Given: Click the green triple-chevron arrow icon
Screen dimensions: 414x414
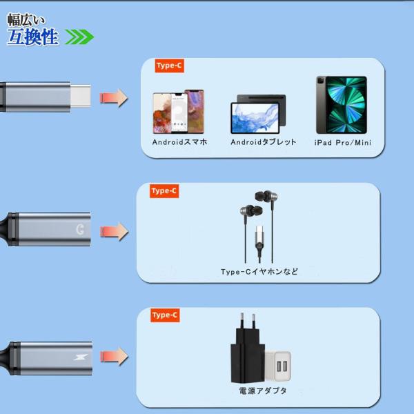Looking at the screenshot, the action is (79, 37).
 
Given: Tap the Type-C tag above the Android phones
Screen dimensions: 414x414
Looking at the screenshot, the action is (169, 66).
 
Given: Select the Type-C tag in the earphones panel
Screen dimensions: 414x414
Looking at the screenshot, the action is (164, 190).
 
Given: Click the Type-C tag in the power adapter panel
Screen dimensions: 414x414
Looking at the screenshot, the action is (165, 315).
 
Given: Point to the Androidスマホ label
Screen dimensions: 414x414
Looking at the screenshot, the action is (179, 142).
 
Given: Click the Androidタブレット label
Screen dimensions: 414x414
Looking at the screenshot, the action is (264, 142).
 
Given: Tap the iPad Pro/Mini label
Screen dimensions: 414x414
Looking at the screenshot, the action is (343, 143).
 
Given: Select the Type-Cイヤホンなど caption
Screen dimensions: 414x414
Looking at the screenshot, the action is (259, 271).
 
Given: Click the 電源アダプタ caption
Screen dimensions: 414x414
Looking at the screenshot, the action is (263, 391).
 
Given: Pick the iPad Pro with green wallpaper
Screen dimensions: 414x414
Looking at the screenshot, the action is (342, 105).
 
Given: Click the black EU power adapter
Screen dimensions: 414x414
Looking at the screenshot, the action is (248, 348).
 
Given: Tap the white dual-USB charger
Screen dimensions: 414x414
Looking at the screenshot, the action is (279, 366).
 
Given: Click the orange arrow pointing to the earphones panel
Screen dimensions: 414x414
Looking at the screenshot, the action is (114, 232).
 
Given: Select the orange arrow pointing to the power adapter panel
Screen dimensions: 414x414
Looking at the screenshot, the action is (114, 357).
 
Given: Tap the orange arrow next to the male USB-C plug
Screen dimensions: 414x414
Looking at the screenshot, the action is (114, 98).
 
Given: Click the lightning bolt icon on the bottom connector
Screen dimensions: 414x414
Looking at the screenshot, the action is (81, 357).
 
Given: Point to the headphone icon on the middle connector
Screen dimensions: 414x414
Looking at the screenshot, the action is (80, 230).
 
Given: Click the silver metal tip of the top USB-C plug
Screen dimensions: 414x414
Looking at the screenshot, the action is (81, 96).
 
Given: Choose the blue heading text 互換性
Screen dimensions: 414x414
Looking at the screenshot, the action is (32, 37).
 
